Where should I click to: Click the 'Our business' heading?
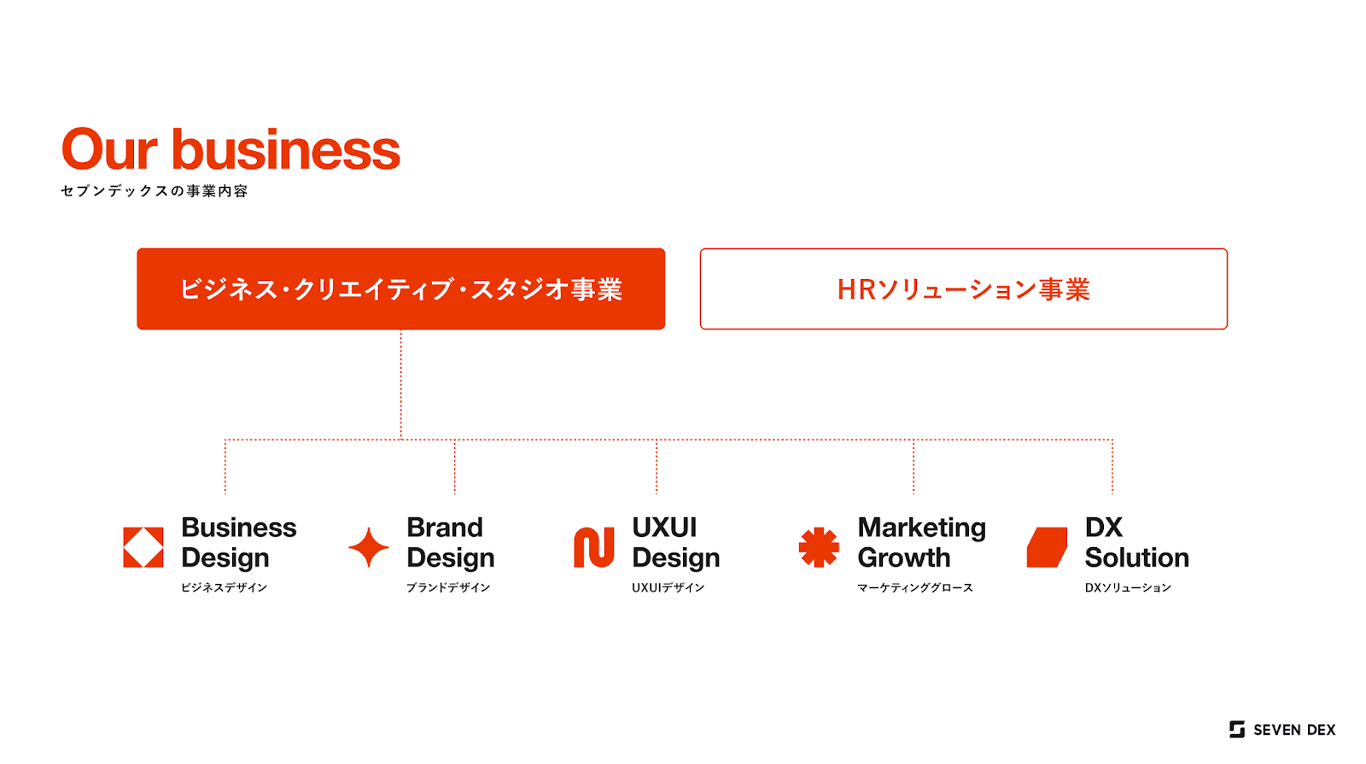231,149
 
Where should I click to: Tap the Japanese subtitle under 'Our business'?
155,191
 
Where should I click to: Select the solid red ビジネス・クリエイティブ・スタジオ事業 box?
400,289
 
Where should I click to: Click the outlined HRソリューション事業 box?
964,289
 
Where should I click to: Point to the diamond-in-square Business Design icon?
143,547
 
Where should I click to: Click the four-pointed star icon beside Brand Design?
368,547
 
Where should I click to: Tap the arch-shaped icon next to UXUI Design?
594,547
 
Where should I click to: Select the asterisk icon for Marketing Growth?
819,547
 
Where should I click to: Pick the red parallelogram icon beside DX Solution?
1047,547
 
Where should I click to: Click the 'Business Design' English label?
239,543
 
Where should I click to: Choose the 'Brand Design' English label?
451,543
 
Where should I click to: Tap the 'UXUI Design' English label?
675,543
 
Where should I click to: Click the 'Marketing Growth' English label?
921,543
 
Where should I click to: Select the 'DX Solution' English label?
1136,543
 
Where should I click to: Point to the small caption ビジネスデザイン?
224,587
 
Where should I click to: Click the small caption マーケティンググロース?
914,587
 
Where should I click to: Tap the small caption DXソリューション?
1128,587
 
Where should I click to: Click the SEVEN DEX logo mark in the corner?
1237,729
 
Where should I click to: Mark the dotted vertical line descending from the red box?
400,384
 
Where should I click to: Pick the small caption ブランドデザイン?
448,587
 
